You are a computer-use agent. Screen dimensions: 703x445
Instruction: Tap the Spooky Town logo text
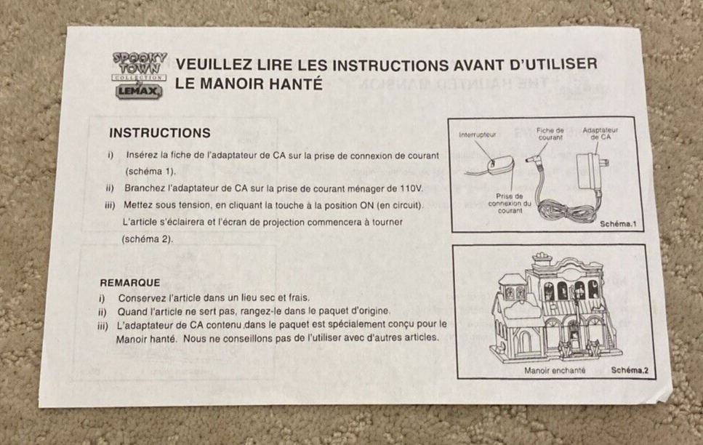(140, 63)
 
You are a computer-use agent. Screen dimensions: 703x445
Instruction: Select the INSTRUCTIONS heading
(160, 133)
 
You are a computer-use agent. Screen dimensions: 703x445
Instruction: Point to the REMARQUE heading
(130, 283)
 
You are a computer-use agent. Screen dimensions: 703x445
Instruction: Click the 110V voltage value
(411, 188)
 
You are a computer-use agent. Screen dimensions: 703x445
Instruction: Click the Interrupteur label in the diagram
(477, 135)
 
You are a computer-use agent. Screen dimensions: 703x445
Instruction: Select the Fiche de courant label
(550, 134)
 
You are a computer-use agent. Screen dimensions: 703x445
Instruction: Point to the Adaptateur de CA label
(600, 134)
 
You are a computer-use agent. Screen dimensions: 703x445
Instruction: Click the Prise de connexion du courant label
(510, 203)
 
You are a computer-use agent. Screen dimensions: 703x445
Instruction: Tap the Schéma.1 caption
(618, 224)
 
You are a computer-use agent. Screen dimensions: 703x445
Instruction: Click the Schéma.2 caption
(630, 370)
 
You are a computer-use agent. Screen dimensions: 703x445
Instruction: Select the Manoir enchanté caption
(555, 371)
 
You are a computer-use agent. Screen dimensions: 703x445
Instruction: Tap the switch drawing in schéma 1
(500, 164)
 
